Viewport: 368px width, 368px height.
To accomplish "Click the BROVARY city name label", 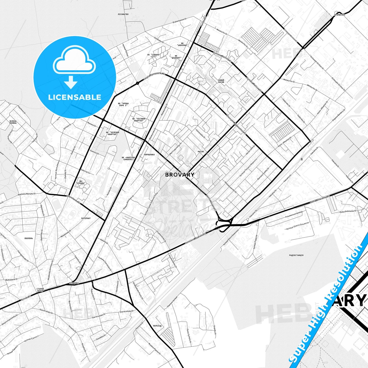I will coord(180,175).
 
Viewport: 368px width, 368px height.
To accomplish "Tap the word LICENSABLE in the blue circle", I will coord(75,97).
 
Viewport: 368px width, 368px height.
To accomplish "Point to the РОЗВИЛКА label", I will coord(74,283).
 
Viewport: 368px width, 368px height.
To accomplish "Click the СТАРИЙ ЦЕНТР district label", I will coord(40,290).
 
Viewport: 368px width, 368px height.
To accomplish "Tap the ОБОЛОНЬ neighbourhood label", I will coord(29,238).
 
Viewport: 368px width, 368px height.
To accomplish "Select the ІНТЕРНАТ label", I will coord(86,218).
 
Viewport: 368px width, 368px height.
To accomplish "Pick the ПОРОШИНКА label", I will coord(149,155).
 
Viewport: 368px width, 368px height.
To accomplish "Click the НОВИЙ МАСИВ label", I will coord(221,81).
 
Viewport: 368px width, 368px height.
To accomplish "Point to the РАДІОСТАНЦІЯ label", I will coord(296,255).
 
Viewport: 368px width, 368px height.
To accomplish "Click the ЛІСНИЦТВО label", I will coord(123,14).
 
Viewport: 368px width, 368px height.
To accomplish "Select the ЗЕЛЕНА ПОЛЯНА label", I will coord(13,122).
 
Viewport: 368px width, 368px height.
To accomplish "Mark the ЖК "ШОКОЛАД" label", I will coord(182,44).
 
